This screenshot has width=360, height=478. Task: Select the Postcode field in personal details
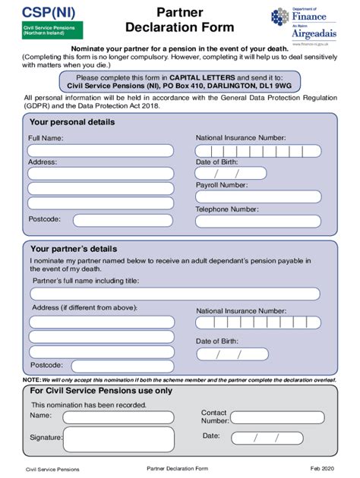121,220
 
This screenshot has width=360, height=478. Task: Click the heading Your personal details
73,121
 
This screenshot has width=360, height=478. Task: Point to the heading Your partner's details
74,248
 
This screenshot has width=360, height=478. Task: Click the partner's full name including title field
174,294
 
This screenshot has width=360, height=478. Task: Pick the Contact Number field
279,417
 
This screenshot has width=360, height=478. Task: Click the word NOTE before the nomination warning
31,379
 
